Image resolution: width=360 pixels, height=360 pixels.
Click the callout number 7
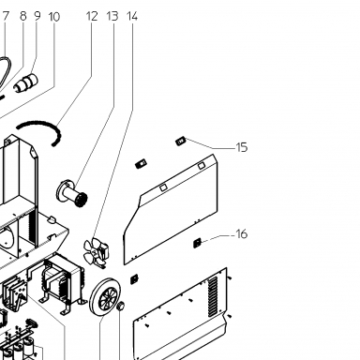[6, 16]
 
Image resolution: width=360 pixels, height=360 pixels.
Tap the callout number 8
[23, 16]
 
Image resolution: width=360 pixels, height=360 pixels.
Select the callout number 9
[37, 16]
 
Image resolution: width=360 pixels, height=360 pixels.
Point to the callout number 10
[54, 17]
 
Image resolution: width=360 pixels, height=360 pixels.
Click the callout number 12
[92, 16]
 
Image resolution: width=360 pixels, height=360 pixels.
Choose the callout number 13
[112, 16]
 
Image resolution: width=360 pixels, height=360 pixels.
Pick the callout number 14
[132, 16]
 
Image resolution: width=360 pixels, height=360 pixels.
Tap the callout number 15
[242, 147]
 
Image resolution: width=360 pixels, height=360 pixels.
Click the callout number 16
[242, 233]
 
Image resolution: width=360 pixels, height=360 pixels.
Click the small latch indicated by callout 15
[181, 142]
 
